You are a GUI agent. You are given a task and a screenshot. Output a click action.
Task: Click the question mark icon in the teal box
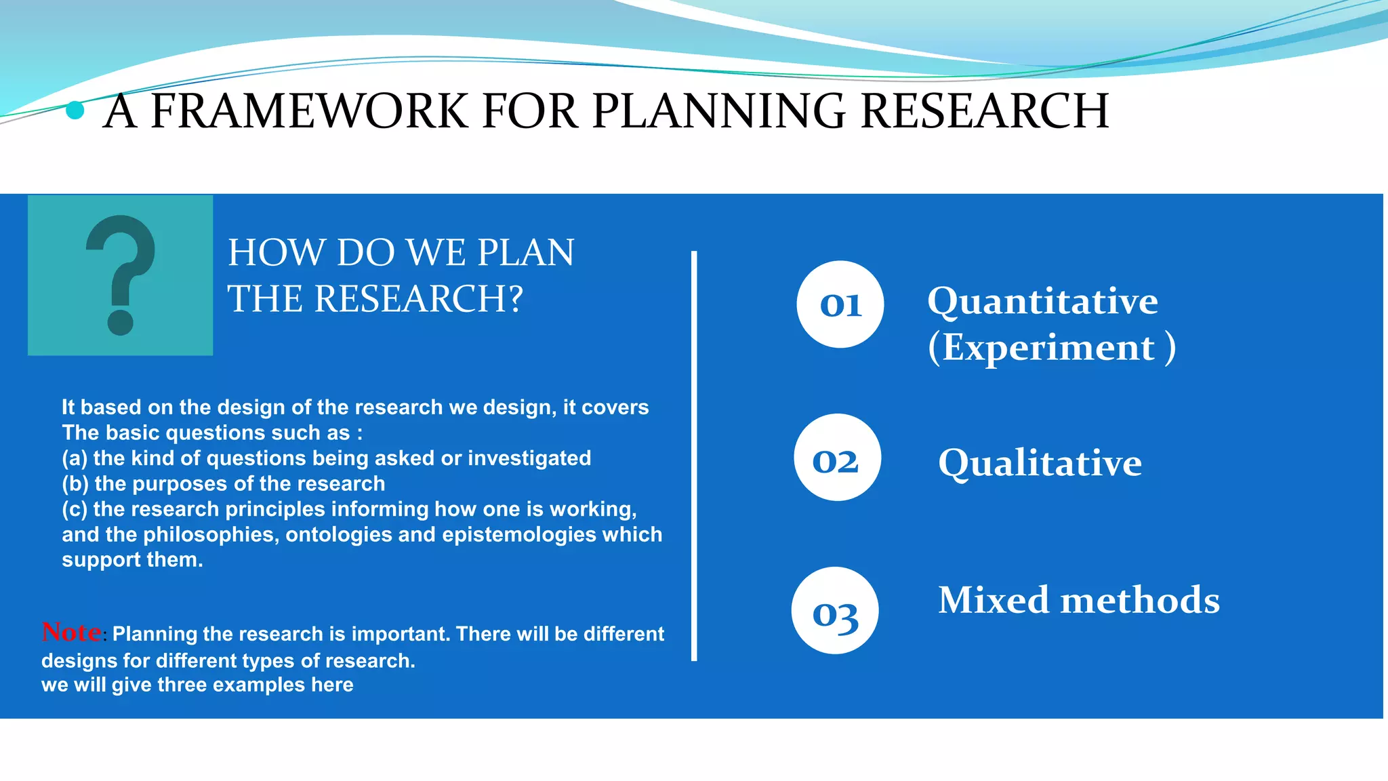click(121, 275)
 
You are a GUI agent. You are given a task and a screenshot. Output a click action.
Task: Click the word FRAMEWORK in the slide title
click(308, 111)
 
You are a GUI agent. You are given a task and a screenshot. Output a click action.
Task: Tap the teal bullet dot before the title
click(75, 110)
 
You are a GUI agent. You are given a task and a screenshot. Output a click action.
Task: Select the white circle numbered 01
click(840, 304)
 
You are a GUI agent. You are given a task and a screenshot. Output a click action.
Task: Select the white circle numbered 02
click(837, 458)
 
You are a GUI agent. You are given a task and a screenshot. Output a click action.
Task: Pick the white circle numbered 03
click(835, 611)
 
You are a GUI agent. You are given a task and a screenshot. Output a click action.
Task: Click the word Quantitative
click(1042, 301)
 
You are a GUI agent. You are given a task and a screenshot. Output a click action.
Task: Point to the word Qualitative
click(1040, 463)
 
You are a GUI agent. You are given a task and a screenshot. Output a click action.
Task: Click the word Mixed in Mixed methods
click(993, 601)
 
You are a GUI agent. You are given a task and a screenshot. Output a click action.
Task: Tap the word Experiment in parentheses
click(1048, 348)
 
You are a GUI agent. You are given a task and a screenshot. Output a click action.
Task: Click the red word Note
click(71, 632)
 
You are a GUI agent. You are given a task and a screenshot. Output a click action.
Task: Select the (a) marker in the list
click(75, 458)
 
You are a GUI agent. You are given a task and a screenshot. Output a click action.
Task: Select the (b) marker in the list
click(75, 484)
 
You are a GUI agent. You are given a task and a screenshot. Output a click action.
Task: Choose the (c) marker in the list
click(75, 509)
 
